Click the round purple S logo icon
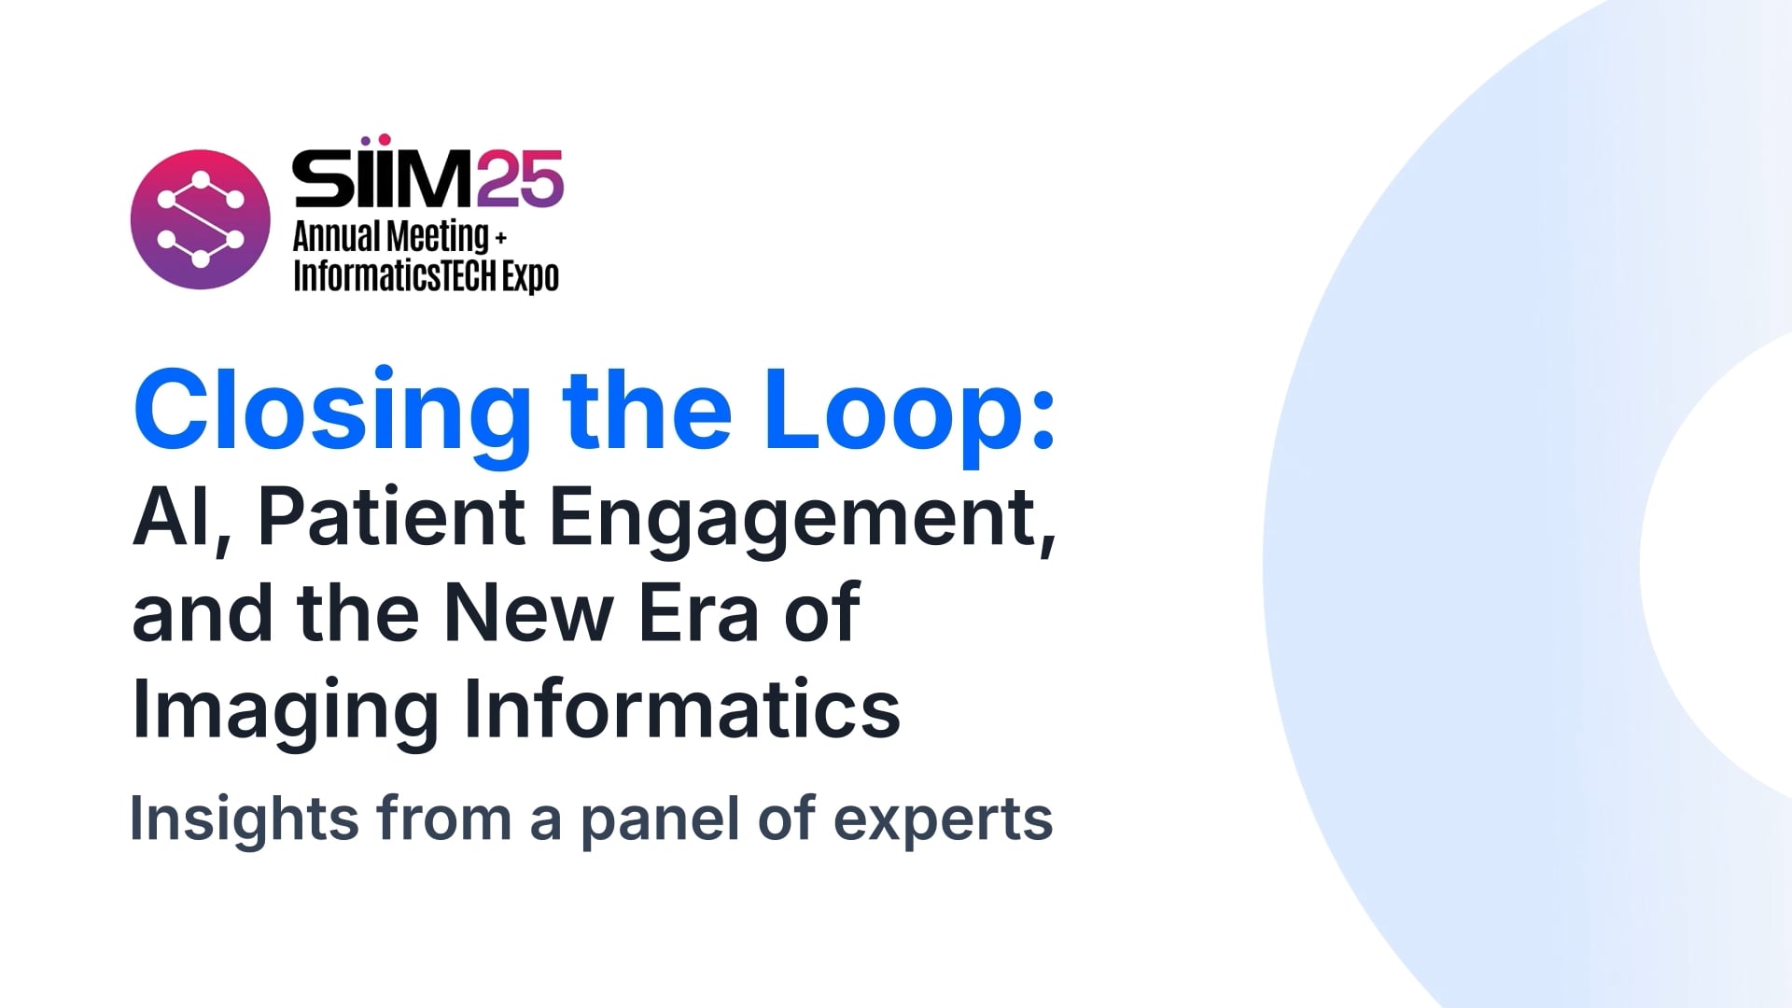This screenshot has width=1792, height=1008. coord(200,219)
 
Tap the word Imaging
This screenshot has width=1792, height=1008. coord(285,710)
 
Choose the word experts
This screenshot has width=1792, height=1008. coord(943,819)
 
